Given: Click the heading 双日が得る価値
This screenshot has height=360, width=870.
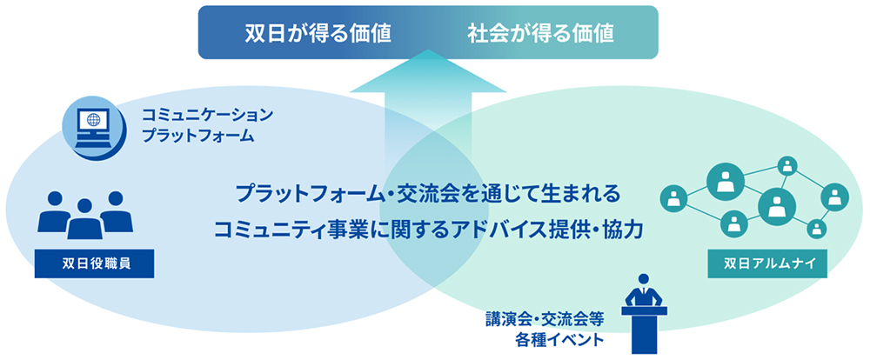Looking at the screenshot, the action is tap(318, 33).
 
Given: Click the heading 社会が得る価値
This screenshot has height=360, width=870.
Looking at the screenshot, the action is tap(540, 33).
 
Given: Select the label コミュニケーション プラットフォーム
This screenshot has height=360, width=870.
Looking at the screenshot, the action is tap(208, 125).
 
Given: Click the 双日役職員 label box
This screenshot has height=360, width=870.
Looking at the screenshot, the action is tap(94, 263).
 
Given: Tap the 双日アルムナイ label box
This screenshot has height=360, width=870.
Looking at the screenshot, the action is tap(768, 263).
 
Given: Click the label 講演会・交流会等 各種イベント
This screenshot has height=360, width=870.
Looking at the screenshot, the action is tap(544, 329).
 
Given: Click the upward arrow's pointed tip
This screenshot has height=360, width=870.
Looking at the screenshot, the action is tap(428, 50).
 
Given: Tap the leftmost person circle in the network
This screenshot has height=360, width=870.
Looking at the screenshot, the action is tap(673, 197).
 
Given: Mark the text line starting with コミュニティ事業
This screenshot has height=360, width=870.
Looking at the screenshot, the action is tap(427, 229).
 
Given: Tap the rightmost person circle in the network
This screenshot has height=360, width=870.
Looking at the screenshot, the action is tap(834, 197).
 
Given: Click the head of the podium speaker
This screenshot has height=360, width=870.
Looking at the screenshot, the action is tap(644, 279).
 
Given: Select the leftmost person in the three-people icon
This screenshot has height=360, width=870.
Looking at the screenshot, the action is tap(54, 211).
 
